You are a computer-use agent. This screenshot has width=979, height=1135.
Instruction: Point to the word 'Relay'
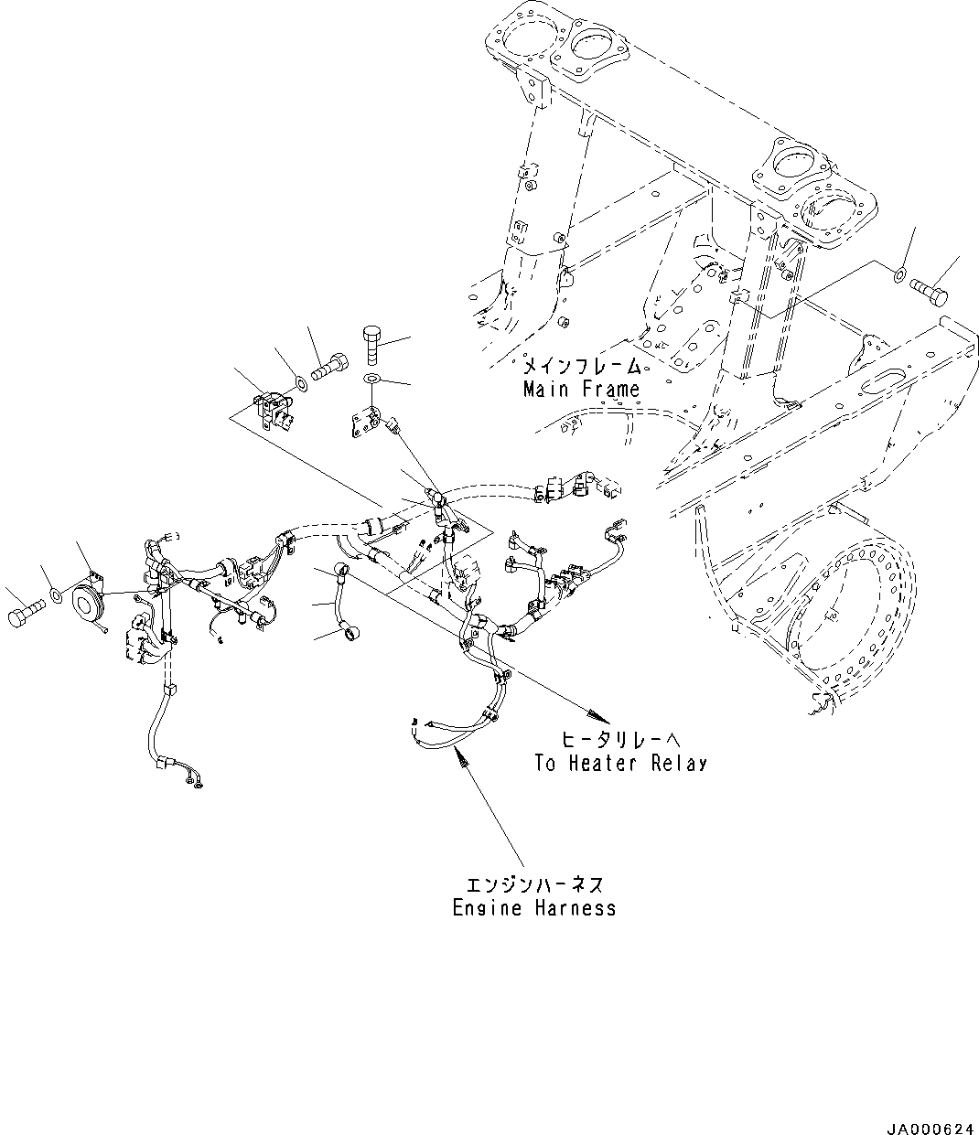point(679,763)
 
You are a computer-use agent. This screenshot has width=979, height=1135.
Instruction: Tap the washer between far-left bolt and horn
point(57,597)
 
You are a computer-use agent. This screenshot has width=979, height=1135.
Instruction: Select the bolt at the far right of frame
point(931,290)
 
